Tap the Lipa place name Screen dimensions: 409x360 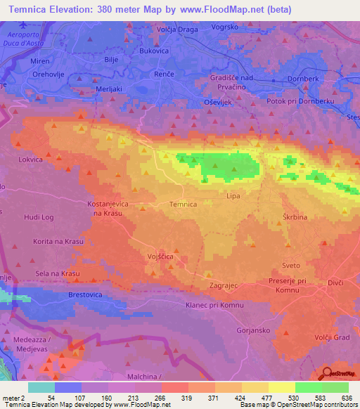pyautogui.click(x=233, y=196)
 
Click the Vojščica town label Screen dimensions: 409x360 pyautogui.click(x=160, y=258)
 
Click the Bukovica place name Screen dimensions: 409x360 pyautogui.click(x=154, y=51)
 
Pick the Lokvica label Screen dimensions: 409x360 pyautogui.click(x=30, y=160)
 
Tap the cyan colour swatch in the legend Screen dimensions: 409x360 pyautogui.click(x=41, y=387)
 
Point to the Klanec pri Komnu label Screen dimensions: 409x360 pyautogui.click(x=214, y=305)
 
